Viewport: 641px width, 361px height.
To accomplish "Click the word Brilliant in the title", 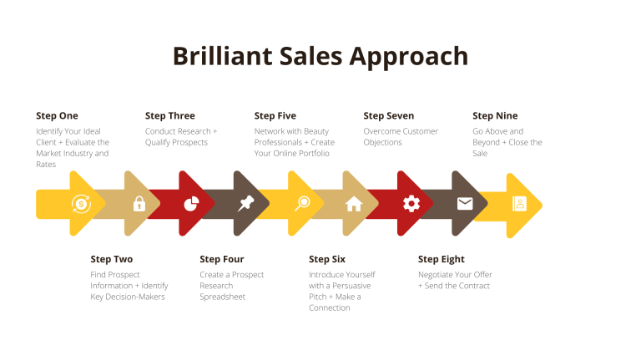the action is [x=222, y=56].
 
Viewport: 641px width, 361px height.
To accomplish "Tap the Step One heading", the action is [x=57, y=116].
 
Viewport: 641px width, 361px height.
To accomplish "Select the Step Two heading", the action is [x=112, y=259].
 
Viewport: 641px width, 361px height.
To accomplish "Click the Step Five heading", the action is [x=275, y=116].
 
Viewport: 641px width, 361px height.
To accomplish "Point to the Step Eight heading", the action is [x=441, y=260].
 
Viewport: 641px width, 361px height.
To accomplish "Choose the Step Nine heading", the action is [x=495, y=116].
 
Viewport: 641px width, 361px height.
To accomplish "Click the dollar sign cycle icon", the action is [x=81, y=204].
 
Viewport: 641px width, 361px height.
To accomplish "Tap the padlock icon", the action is [x=139, y=203].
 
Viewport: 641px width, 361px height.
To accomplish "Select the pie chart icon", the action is [x=191, y=203].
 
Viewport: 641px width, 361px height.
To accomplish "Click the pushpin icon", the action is [x=246, y=203].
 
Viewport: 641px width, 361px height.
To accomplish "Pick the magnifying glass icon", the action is [x=302, y=203].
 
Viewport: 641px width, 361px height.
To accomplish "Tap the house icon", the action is [x=354, y=204].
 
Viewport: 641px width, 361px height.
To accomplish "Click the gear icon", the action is [x=411, y=203].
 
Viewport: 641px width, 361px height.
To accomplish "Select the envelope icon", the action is [x=465, y=203].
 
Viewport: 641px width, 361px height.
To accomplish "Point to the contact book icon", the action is [x=520, y=203].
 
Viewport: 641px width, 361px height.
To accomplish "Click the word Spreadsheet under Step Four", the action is [x=222, y=297].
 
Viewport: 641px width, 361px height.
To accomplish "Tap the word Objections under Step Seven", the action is [x=382, y=142].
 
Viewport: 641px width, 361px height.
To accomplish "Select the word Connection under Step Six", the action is [x=330, y=308].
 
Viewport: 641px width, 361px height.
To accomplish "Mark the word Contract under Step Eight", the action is [x=473, y=286].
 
